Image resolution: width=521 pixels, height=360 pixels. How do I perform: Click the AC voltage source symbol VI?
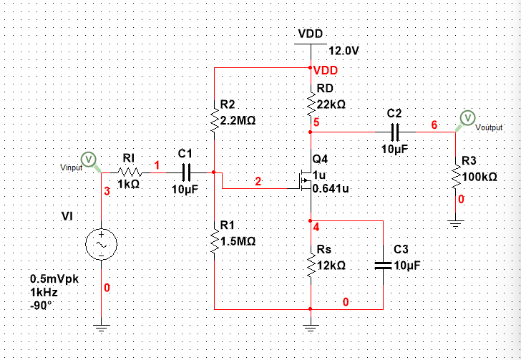point(102,245)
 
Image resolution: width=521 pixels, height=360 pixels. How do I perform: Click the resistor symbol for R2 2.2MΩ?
point(214,120)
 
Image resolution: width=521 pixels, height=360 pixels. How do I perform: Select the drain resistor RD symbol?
point(310,103)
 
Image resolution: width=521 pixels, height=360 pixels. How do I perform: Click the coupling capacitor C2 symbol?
point(395,132)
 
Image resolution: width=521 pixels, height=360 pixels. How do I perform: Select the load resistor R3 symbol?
point(455,175)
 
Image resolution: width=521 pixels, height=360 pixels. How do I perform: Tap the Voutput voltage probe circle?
point(467,117)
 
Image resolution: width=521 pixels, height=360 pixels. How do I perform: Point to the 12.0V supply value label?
point(343,51)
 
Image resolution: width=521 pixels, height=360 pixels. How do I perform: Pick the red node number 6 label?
point(434,125)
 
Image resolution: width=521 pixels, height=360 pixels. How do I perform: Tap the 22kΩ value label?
point(331,104)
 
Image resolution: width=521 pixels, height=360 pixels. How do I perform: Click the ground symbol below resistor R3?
point(455,225)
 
